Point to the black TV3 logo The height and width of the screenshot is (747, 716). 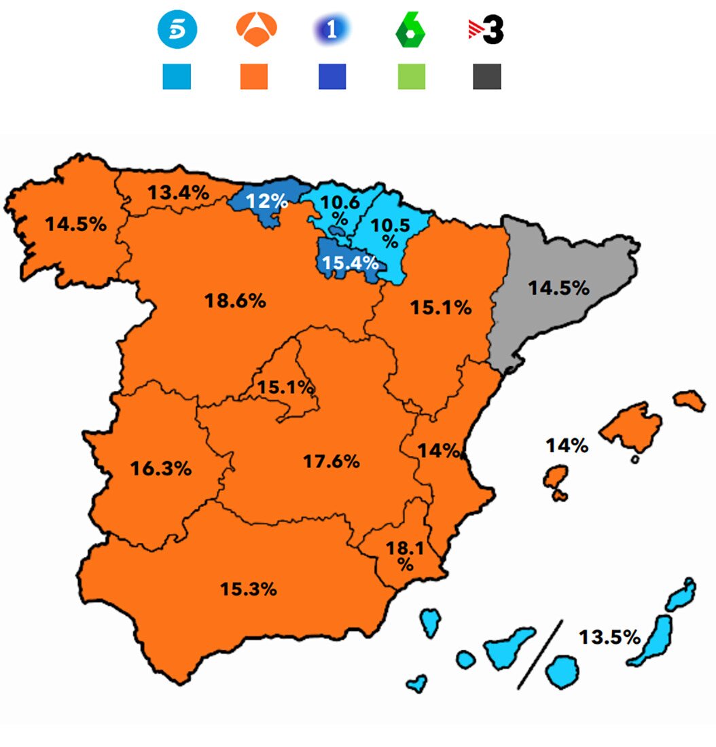point(486,31)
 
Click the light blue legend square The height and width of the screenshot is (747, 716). point(177,77)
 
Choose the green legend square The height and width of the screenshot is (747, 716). point(411,77)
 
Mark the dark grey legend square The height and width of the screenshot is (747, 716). point(487,77)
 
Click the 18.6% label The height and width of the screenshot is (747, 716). point(235,301)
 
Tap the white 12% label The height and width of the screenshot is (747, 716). point(267,202)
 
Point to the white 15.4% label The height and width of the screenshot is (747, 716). point(350,263)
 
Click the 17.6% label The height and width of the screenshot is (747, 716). point(332,462)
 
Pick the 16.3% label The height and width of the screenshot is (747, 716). point(161,468)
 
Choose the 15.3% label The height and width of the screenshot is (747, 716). point(248,589)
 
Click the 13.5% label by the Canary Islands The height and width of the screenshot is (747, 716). point(609,637)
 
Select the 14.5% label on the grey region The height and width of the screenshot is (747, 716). point(559,288)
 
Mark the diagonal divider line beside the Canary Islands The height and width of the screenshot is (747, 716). point(541,653)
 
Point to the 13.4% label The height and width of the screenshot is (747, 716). point(179,193)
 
